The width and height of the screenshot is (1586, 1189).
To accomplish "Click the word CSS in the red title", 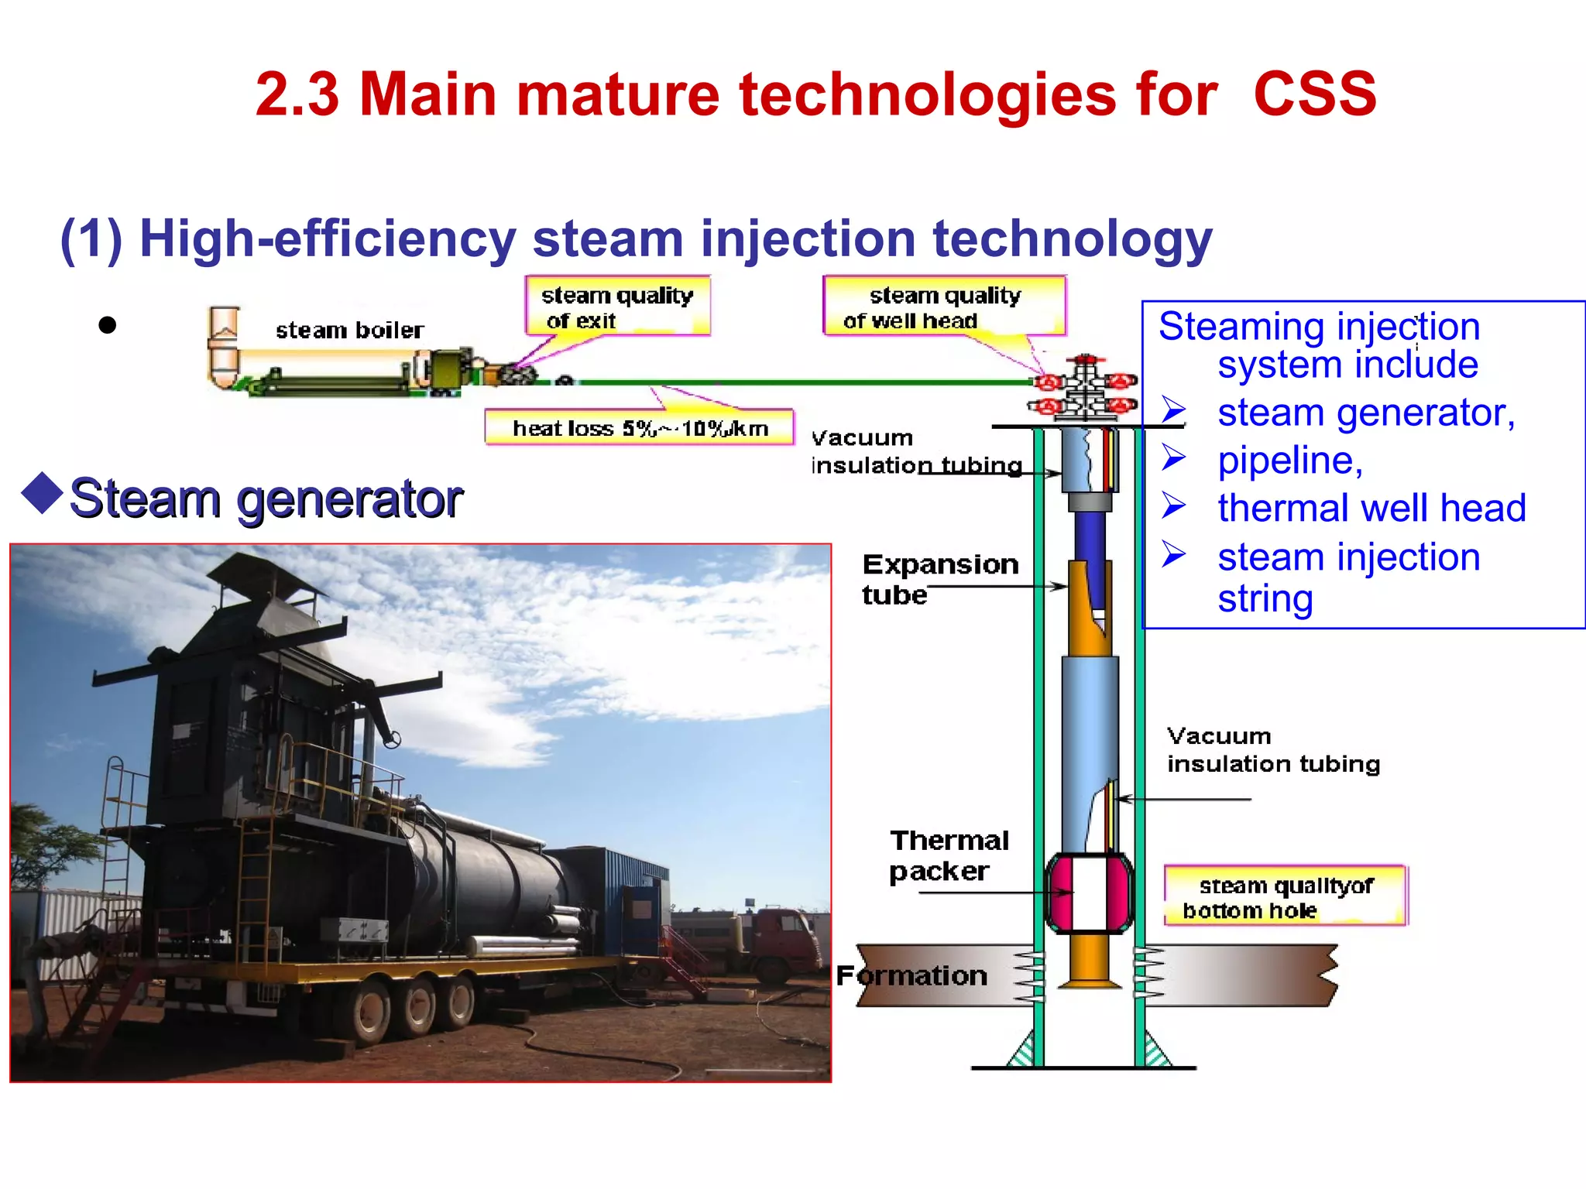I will coord(1314,94).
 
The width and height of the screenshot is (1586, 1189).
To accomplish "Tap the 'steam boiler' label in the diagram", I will coord(349,331).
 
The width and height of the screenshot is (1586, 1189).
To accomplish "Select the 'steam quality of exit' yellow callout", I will coord(617,307).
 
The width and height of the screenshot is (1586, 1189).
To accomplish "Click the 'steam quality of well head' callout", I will coord(944,307).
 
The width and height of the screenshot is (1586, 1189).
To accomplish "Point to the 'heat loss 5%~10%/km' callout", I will coord(640,428).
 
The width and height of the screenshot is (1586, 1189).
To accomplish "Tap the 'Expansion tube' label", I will coord(939,579).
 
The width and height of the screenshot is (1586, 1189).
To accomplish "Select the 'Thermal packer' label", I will coord(949,855).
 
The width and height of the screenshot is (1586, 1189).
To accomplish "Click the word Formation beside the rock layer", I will coord(911,975).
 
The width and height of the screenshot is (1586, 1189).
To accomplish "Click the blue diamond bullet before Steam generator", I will coord(43,493).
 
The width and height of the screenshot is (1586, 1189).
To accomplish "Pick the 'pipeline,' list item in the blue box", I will coord(1289,461).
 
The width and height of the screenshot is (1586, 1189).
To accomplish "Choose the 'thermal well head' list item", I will coord(1371,509).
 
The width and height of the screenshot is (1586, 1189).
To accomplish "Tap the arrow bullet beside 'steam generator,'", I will coord(1173,410).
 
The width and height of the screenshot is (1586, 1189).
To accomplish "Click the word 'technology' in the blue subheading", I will coord(1072,238).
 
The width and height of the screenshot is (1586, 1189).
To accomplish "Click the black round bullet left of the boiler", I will coord(108,325).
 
